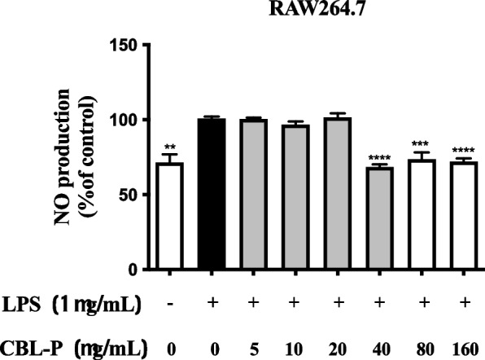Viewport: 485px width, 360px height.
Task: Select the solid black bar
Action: pyautogui.click(x=211, y=194)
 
